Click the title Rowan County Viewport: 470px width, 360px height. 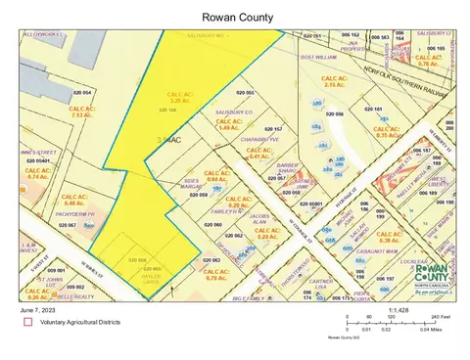234,16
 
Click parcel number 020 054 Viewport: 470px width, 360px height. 81,92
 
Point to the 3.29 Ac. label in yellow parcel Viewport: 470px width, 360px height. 172,98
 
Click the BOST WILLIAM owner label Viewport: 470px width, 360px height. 319,57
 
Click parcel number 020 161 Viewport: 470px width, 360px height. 371,110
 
